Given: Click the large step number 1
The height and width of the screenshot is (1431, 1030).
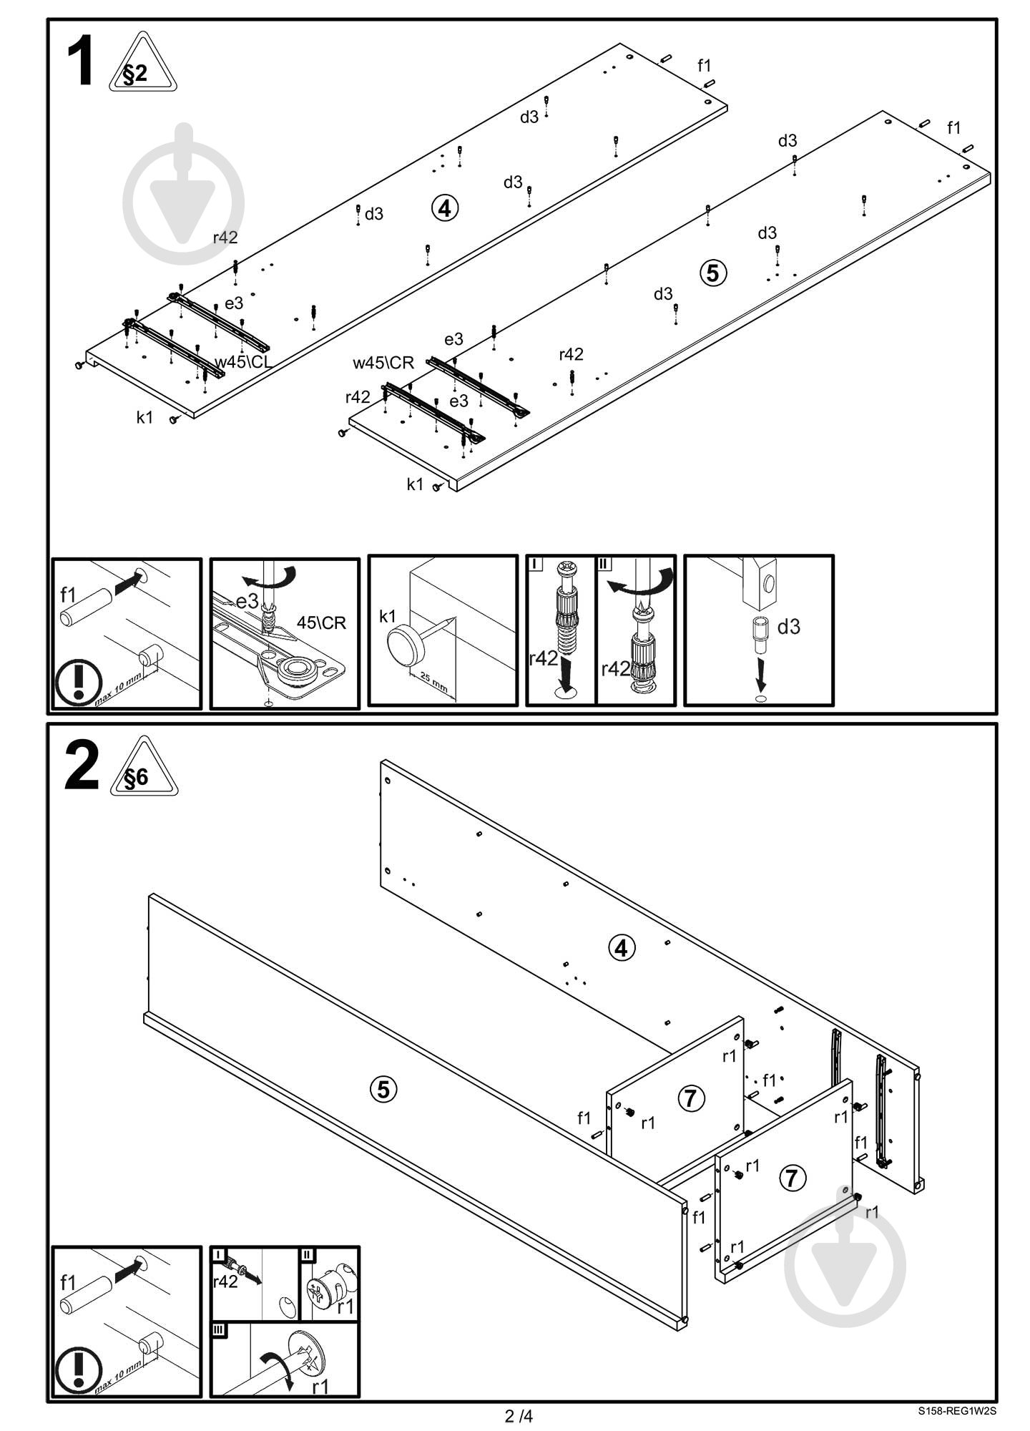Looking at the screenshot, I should pos(80,63).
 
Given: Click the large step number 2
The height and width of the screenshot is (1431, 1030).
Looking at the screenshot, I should pos(82,766).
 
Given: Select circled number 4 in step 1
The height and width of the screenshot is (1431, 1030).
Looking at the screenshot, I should pos(445,208).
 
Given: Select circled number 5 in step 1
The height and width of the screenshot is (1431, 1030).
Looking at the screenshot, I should pos(713,273).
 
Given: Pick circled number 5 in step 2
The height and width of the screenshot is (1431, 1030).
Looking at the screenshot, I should pos(384,1090).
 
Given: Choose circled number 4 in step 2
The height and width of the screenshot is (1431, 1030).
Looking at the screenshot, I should pos(621,948).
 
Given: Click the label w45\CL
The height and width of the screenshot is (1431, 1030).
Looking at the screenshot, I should pos(243,362).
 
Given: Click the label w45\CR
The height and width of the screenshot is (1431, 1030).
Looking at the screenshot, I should pos(383,363).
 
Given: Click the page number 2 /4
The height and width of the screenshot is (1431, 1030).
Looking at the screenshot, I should pos(519,1416).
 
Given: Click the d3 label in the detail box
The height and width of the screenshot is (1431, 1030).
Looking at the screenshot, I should pos(788,627).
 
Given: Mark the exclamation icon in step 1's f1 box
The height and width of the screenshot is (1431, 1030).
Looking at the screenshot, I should pos(79,680).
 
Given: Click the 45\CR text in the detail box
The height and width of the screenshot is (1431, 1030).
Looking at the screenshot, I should pos(321,622).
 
